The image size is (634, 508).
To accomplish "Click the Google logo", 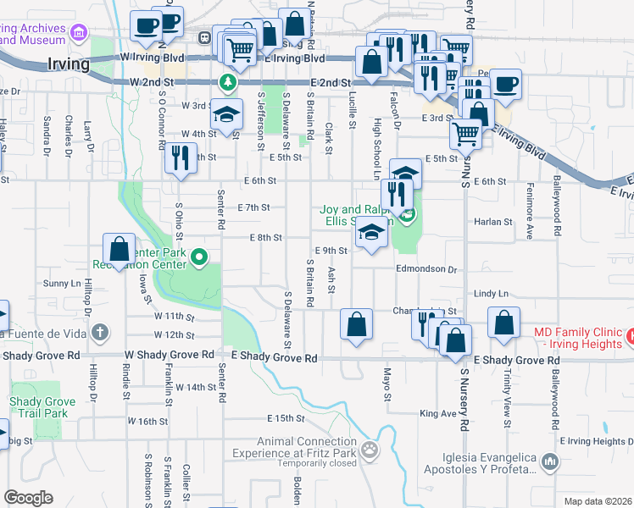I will tap(28, 498).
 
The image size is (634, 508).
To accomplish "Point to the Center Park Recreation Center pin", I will tap(200, 257).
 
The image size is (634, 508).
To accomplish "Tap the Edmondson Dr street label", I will tap(426, 269).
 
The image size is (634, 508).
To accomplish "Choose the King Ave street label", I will tap(437, 414).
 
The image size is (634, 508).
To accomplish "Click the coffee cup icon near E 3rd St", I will tap(506, 85).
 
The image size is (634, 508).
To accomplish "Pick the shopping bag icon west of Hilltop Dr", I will tap(119, 249).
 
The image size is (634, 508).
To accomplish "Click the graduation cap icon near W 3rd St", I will tap(226, 114).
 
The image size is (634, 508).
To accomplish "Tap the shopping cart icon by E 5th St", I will tap(464, 133).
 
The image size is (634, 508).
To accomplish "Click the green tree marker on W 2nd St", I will tap(227, 82).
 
